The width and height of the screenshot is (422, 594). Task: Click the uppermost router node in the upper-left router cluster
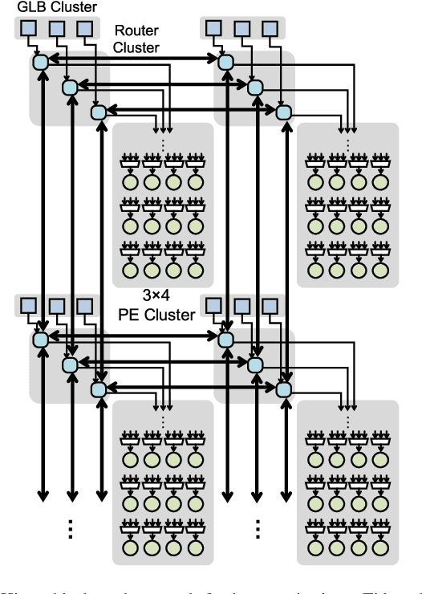40,61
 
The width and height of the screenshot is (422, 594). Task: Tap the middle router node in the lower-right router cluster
254,364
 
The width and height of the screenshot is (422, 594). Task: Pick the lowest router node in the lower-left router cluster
98,389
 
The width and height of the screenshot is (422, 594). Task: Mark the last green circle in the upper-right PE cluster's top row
378,183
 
